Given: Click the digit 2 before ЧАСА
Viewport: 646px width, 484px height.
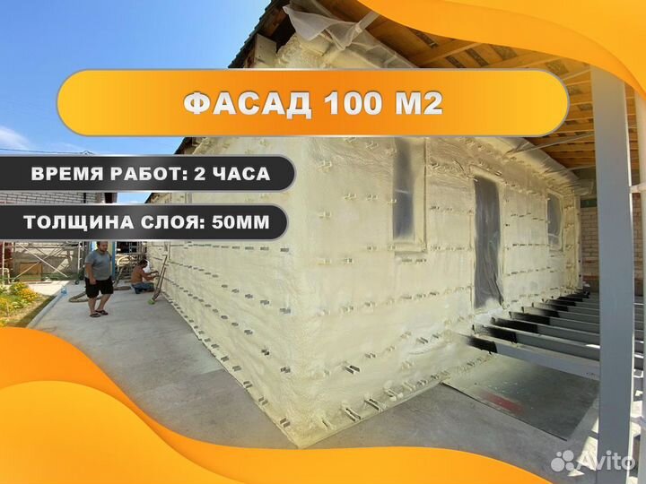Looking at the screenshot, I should click(197, 175).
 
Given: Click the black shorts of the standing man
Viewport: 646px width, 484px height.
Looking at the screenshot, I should click(100, 286).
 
